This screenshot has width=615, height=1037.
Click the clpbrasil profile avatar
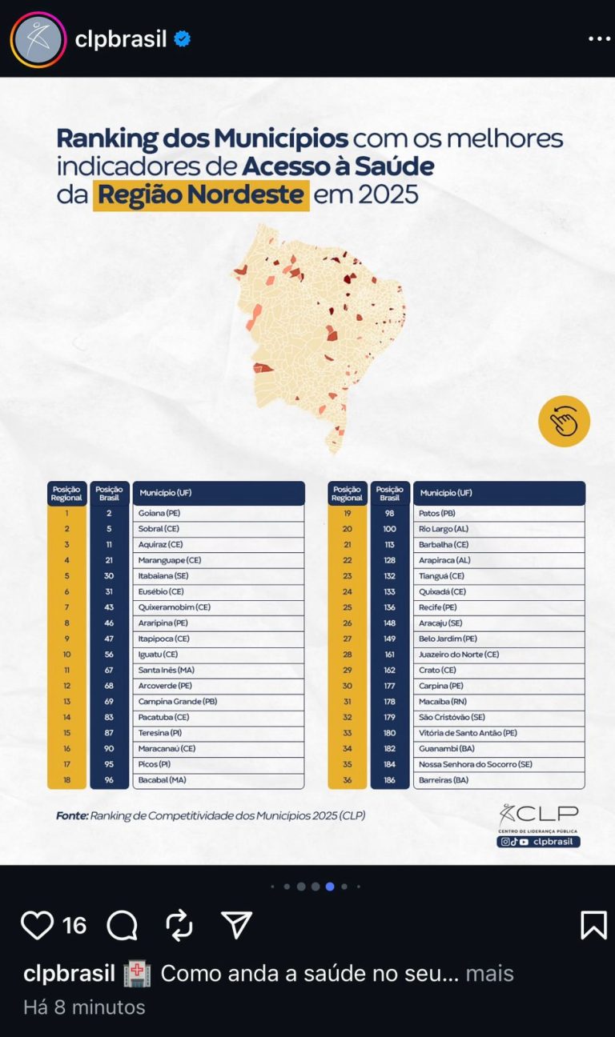tap(38, 39)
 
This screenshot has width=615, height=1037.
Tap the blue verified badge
tap(183, 38)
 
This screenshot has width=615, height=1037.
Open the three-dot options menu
tap(599, 38)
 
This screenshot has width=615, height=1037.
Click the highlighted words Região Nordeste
tap(201, 194)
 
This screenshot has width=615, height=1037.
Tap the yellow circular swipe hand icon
tap(564, 421)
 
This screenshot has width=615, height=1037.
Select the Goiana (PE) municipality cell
tap(218, 513)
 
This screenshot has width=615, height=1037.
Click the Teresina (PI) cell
tap(218, 733)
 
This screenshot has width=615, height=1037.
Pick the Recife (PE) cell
tap(498, 607)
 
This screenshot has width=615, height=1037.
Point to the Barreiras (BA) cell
tap(498, 780)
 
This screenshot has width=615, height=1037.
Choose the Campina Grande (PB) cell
tap(218, 702)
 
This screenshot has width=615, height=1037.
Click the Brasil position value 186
tap(389, 780)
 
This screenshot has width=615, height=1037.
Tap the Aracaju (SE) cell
tap(498, 623)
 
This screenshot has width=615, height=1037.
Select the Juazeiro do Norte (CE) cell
tap(498, 655)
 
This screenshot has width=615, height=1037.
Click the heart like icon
tap(37, 925)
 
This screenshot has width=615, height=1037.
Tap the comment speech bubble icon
tap(122, 926)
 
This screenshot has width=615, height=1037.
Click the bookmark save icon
tap(593, 925)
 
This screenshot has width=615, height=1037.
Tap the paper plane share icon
tap(236, 925)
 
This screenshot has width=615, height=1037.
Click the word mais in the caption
tap(489, 974)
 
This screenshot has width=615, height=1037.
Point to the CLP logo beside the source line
tap(537, 819)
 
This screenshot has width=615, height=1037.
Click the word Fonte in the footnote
tap(71, 816)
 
